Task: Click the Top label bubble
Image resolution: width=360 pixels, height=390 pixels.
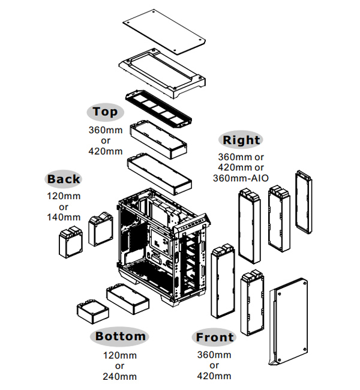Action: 105,112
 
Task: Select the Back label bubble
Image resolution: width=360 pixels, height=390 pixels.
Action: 63,179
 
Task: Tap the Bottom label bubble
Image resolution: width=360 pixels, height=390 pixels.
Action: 120,336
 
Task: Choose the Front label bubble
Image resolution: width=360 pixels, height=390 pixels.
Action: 214,337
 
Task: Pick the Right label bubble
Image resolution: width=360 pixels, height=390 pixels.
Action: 241,140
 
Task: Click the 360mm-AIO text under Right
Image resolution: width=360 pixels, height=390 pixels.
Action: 241,178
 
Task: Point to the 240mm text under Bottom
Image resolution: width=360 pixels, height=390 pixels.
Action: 120,377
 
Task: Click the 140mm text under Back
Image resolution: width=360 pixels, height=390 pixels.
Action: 63,217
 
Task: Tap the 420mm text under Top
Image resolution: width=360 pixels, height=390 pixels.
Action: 105,151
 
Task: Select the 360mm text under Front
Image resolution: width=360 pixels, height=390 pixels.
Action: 214,355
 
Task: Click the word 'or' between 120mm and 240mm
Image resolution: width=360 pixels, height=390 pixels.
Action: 120,366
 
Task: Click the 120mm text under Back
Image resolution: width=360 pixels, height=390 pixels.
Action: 63,196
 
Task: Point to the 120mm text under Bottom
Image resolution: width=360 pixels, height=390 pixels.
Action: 120,356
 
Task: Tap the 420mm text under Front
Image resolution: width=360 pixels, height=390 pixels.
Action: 214,376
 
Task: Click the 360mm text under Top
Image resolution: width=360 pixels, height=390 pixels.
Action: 105,130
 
